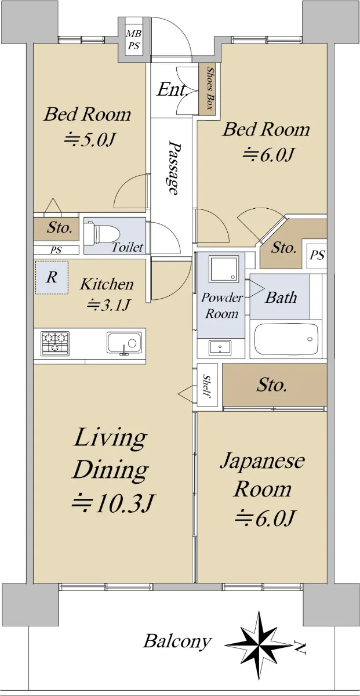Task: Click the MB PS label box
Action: (134, 40)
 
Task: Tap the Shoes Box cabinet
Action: (207, 89)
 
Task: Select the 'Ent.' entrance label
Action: (172, 90)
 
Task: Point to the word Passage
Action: (174, 168)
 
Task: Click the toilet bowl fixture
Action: (103, 233)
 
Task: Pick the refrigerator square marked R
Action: (52, 277)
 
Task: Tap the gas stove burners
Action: (55, 343)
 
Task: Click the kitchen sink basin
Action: (124, 343)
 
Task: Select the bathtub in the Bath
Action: (286, 339)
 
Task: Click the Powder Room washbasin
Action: (220, 347)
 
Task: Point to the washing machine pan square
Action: (224, 268)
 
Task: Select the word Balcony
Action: (177, 641)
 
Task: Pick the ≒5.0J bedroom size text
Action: (90, 140)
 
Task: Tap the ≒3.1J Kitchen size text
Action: (108, 304)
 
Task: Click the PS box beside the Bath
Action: (317, 255)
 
